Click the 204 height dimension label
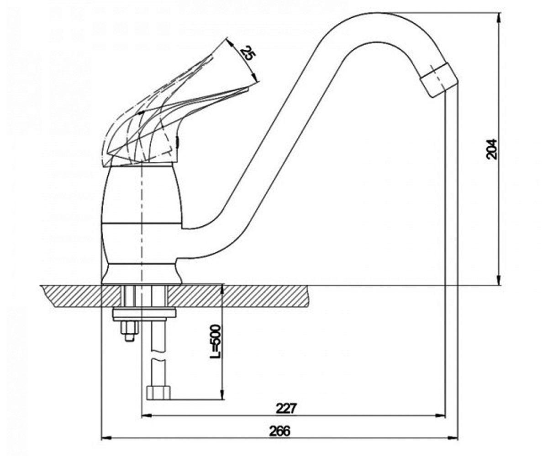pyautogui.click(x=491, y=149)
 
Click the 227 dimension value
pyautogui.click(x=286, y=409)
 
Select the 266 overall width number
pyautogui.click(x=280, y=431)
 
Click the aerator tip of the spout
pyautogui.click(x=440, y=80)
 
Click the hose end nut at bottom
pyautogui.click(x=158, y=393)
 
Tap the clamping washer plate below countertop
pyautogui.click(x=144, y=315)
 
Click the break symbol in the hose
pyautogui.click(x=158, y=354)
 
